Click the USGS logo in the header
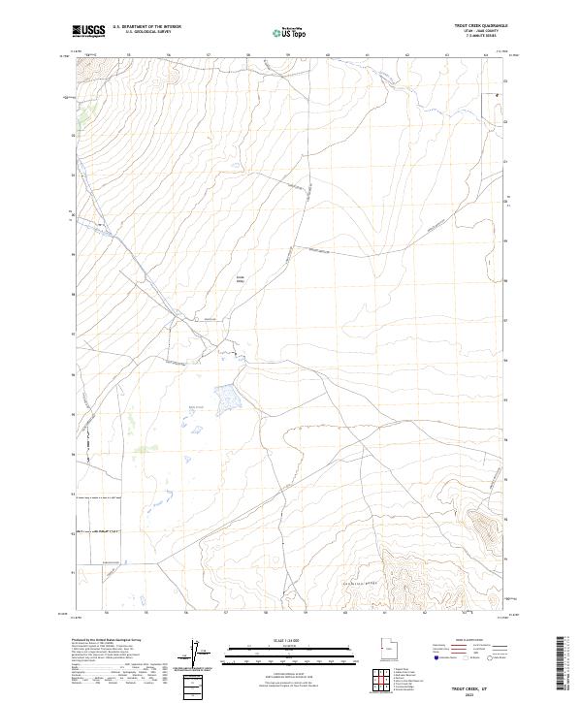(x=89, y=31)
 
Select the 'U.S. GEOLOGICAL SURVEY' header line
(x=146, y=33)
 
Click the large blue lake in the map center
(x=226, y=396)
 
